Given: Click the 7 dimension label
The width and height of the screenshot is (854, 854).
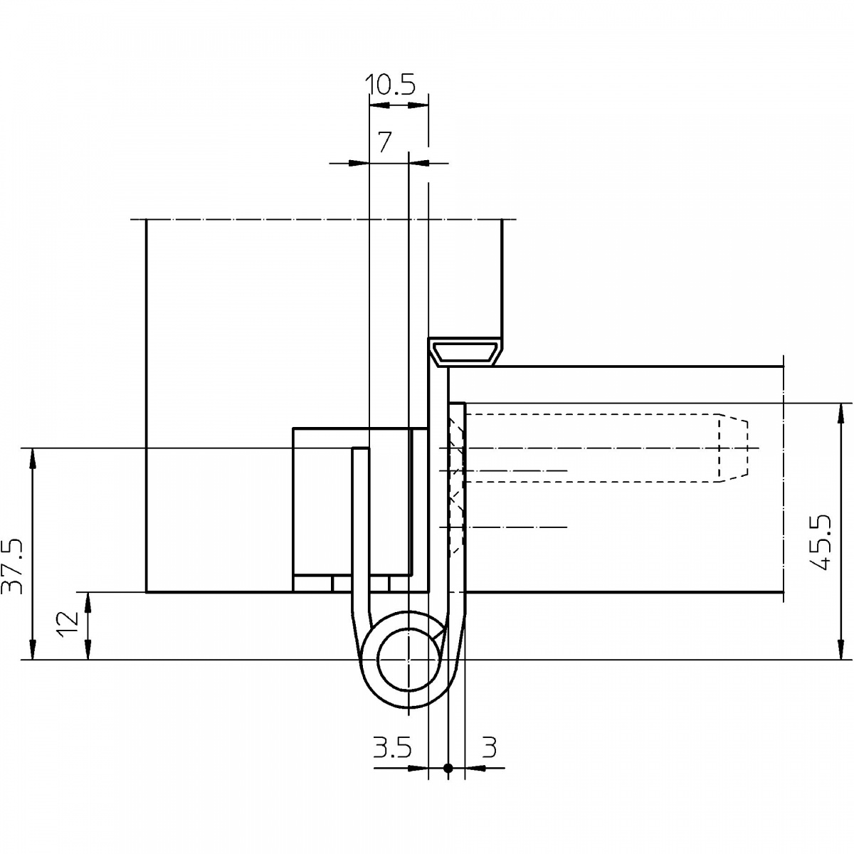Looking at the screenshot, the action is [384, 142].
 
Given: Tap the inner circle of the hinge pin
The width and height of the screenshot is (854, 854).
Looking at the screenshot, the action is [408, 660].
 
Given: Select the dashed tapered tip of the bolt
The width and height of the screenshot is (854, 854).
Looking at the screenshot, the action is [733, 448].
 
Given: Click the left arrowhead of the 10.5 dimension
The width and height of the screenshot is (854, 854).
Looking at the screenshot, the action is [379, 105].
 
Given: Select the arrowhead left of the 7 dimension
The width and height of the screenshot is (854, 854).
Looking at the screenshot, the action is [359, 163].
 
